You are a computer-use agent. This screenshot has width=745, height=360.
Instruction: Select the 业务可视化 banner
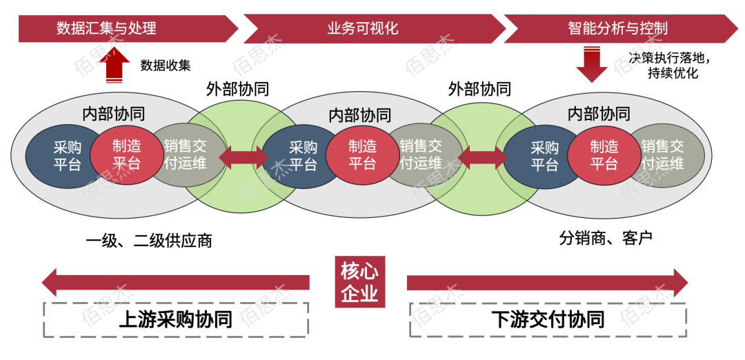point(375,28)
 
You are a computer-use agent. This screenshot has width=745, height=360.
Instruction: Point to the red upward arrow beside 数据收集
point(114,66)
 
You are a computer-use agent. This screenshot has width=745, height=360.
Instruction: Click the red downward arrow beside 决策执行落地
point(592,65)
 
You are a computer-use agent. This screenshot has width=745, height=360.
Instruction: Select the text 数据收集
point(166,66)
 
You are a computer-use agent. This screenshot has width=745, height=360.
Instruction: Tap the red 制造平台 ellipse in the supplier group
point(126,155)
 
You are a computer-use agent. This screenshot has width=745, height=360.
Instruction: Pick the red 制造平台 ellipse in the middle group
point(363,156)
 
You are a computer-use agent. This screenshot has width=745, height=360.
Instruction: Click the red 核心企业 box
point(359,282)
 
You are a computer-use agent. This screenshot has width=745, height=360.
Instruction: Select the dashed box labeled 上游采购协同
point(176,319)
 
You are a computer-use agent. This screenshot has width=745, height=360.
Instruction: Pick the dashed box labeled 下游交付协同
point(548,319)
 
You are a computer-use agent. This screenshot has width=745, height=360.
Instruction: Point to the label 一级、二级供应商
point(149,241)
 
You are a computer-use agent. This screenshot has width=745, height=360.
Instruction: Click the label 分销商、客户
point(606,237)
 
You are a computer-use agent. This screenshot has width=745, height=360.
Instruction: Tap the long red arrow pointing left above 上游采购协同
point(176,283)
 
